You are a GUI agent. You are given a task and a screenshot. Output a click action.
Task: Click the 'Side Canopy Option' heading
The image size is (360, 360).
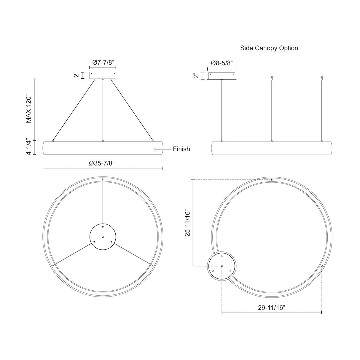(269, 48)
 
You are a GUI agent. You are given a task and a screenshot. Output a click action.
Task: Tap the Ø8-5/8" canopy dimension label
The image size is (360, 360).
(222, 63)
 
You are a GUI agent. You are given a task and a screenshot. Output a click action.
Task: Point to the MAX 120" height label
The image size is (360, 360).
(29, 109)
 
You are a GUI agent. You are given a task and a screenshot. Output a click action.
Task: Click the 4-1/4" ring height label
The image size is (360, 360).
(29, 147)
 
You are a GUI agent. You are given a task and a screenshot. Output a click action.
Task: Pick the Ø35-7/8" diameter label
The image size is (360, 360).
(103, 163)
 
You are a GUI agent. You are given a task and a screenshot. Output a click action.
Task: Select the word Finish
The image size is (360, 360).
(181, 149)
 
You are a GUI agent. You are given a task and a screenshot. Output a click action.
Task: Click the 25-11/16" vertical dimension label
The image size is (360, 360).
(187, 223)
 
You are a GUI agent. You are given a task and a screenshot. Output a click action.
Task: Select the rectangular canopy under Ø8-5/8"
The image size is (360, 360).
(222, 76)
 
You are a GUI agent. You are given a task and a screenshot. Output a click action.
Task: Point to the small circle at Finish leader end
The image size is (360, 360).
(154, 149)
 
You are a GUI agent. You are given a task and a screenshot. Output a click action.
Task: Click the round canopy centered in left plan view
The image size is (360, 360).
(103, 236)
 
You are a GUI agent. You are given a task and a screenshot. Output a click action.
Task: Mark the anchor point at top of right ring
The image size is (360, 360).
(272, 180)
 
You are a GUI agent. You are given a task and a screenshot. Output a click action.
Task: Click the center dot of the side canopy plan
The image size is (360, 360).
(222, 266)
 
